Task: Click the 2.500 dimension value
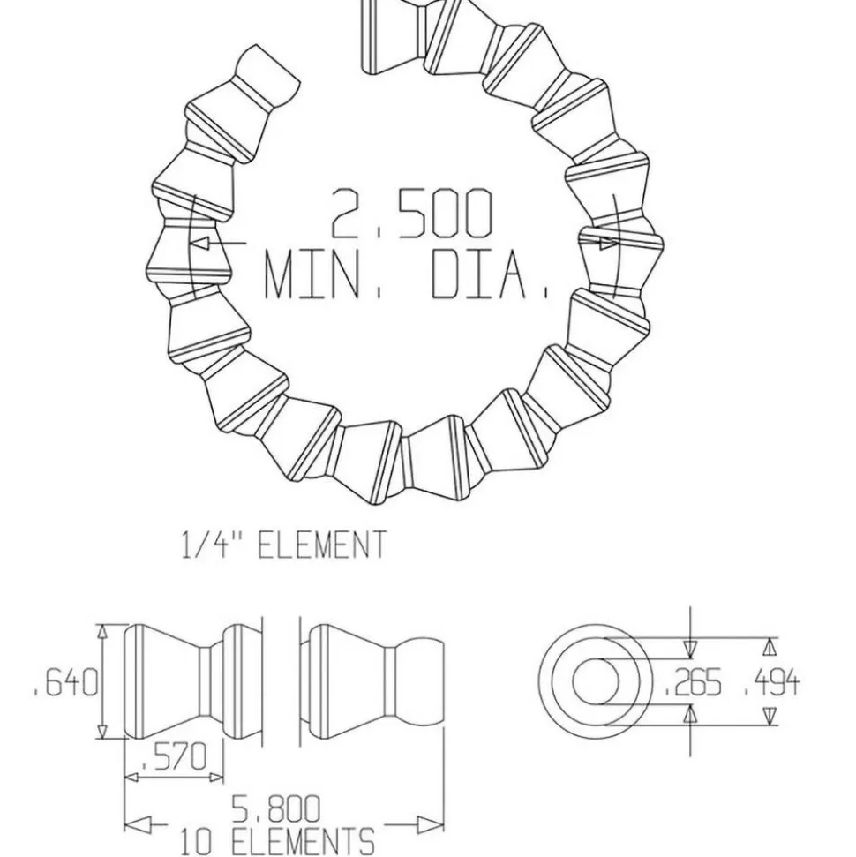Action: (411, 214)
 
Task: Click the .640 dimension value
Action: (65, 682)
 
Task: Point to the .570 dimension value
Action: (174, 757)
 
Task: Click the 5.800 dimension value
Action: (275, 809)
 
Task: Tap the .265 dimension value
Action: (693, 682)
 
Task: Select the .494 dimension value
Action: (771, 682)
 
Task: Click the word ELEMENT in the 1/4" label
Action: (321, 545)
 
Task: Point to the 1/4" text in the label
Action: (212, 545)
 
